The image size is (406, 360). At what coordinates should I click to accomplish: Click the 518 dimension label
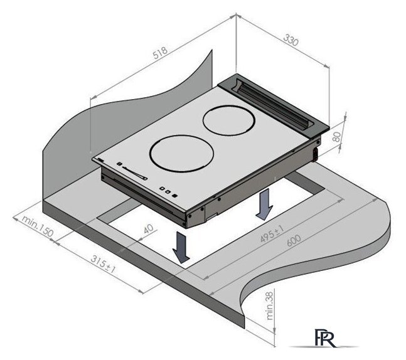tap(160, 53)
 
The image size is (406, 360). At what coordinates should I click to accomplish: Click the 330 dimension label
tap(291, 40)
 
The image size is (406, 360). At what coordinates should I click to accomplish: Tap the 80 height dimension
tap(336, 137)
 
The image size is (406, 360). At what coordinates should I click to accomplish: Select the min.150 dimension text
tap(37, 226)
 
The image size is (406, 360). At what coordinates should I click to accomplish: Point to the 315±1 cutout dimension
tap(103, 264)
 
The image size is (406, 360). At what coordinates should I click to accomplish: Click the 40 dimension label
tap(148, 229)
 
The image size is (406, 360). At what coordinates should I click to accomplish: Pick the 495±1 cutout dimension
tap(272, 234)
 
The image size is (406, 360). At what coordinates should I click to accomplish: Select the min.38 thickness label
tap(270, 305)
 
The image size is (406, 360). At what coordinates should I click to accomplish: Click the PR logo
tap(325, 338)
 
